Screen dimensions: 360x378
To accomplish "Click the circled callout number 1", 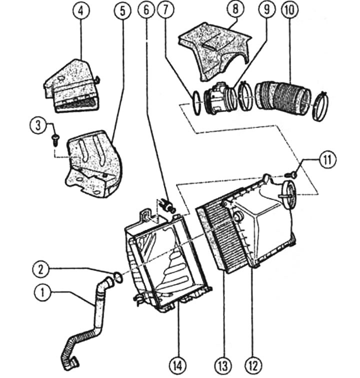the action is [42, 292].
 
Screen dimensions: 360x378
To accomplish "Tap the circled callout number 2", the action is [41, 269].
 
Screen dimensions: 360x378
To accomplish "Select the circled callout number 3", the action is [38, 126].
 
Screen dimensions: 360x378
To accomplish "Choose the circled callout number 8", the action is [235, 9].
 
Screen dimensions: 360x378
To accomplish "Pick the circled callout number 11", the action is [327, 160].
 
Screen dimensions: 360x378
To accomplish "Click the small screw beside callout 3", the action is [55, 140].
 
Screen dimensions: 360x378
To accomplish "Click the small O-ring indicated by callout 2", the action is [118, 277].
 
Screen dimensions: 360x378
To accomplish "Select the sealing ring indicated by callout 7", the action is [196, 103].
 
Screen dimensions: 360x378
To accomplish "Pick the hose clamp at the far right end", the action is [320, 105].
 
